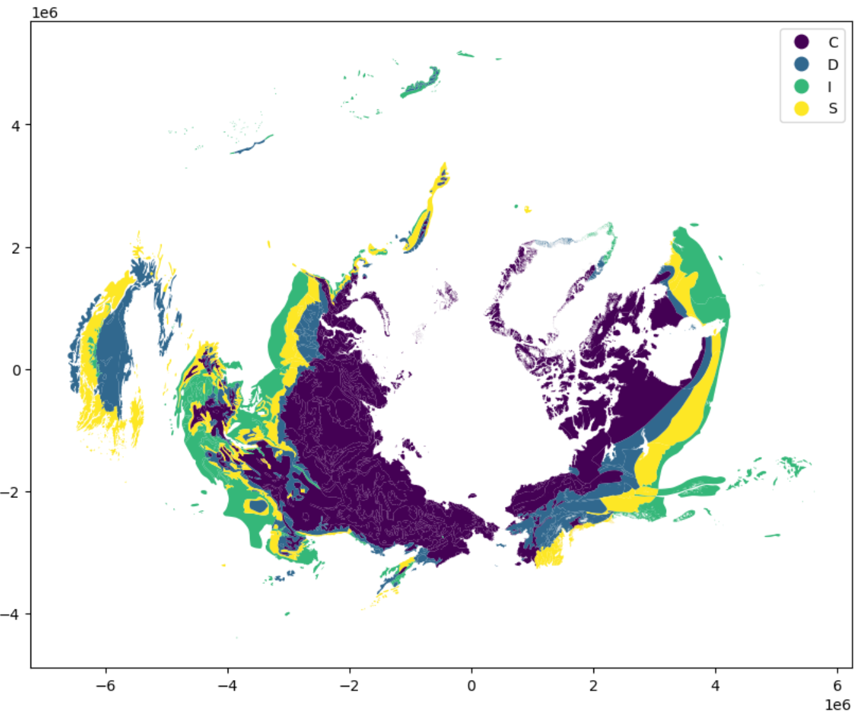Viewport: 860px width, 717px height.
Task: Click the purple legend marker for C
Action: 801,42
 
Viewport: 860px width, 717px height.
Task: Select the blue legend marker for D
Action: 801,64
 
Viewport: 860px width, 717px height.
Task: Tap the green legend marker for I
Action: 801,87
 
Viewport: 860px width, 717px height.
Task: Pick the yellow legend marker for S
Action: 801,109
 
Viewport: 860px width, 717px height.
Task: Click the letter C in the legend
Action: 833,42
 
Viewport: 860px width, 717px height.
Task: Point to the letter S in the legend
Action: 833,109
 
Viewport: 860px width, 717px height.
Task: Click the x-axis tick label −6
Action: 106,686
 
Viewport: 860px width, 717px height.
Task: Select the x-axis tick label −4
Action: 228,686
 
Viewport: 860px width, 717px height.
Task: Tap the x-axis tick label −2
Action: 349,686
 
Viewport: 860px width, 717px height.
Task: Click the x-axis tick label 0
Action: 471,686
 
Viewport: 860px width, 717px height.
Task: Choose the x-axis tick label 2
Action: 593,686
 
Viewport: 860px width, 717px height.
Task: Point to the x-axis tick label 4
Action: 716,686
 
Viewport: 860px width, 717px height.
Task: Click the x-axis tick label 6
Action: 837,686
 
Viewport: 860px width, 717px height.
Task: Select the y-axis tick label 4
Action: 16,125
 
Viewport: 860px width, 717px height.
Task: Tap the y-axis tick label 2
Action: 16,248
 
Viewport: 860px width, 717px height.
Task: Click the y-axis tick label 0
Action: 16,370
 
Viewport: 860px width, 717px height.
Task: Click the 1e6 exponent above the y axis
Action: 44,13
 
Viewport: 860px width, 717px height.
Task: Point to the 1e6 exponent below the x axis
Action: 837,704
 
